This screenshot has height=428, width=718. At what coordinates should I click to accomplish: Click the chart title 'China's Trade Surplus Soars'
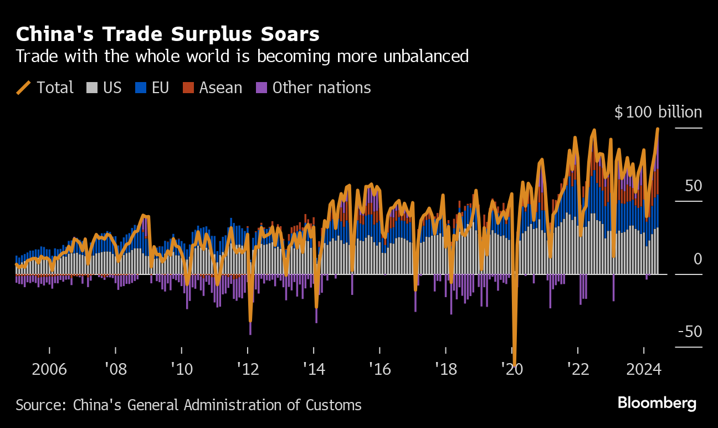pos(167,34)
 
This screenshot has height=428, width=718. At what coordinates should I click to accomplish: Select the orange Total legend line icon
pos(24,88)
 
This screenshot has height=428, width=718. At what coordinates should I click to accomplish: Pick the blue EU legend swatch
pos(141,88)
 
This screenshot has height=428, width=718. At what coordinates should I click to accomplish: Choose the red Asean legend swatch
pos(188,88)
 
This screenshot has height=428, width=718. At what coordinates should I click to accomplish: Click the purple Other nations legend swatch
pos(261,88)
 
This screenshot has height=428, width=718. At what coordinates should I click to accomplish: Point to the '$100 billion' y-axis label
pos(658,113)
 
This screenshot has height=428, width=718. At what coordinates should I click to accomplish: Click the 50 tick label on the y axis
pos(693,186)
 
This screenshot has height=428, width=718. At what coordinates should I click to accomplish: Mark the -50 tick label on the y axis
pos(689,332)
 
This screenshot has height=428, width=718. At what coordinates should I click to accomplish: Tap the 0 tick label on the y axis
pos(697,259)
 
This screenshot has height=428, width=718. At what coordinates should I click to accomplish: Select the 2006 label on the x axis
pos(49,369)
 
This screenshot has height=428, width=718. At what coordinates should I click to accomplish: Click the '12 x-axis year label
pos(248,369)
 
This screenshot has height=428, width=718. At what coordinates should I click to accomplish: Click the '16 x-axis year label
pos(379,369)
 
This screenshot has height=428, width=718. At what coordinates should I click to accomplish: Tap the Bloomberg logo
pos(657,403)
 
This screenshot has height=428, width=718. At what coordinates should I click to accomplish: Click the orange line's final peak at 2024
pos(658,129)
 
